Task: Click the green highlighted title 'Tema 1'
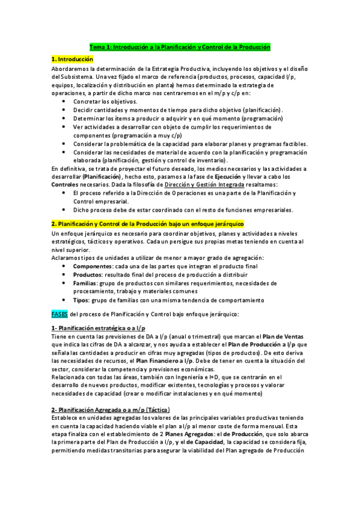180,46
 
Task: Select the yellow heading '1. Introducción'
72,60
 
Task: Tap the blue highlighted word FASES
60,313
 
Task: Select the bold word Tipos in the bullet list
83,300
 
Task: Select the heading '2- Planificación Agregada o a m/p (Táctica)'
111,410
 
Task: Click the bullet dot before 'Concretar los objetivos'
64,102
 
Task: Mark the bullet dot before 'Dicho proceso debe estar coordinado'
64,210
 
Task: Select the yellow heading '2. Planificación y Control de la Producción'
147,224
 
